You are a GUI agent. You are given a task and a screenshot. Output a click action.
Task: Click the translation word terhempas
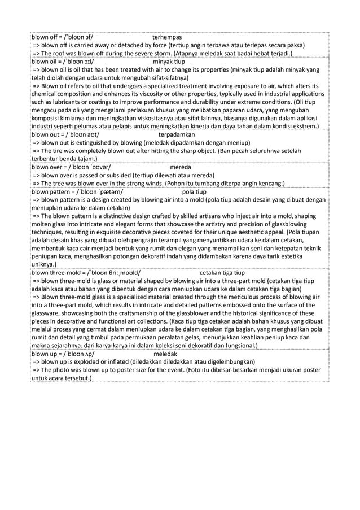click(x=167, y=36)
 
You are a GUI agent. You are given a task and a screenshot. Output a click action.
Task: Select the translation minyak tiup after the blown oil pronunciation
click(x=172, y=62)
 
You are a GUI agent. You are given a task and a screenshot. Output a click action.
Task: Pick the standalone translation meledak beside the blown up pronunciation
click(x=165, y=354)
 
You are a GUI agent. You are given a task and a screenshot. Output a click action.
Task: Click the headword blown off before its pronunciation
click(x=45, y=36)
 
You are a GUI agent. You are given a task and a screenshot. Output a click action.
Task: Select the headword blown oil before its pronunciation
click(x=45, y=62)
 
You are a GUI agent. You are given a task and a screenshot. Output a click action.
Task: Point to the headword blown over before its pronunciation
click(x=47, y=168)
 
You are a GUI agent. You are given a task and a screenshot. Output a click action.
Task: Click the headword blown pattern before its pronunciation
click(x=51, y=191)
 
